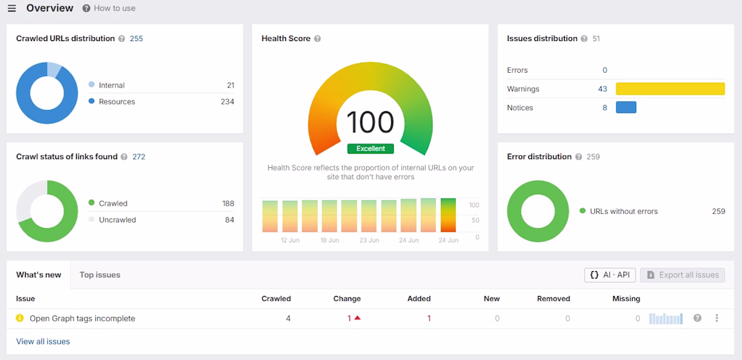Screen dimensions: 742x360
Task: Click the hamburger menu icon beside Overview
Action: [x=12, y=9]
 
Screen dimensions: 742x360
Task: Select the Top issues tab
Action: [x=100, y=275]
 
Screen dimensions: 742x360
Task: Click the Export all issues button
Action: [x=683, y=275]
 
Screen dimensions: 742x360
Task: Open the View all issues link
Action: [x=43, y=342]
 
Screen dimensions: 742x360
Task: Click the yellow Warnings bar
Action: [x=670, y=89]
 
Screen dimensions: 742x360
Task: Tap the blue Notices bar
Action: [x=626, y=107]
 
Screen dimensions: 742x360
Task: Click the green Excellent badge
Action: [x=370, y=148]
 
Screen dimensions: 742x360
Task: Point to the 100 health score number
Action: [x=370, y=122]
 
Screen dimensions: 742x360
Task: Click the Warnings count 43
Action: [x=602, y=89]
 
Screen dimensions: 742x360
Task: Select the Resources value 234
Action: [x=227, y=102]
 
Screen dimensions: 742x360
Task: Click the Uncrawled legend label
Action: [x=117, y=220]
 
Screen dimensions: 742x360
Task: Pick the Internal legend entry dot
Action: [x=91, y=85]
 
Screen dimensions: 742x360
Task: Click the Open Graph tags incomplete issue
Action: [x=82, y=319]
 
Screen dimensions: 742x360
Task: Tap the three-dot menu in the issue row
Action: [x=717, y=318]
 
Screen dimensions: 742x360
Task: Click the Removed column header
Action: [x=554, y=299]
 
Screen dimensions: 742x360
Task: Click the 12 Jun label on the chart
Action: [x=290, y=240]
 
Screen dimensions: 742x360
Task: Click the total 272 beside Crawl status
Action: [x=139, y=156]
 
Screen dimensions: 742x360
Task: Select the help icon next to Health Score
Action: [x=318, y=39]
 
